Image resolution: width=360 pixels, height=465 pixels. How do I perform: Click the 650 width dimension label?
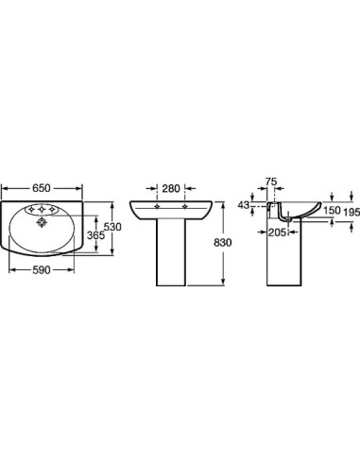[x=42, y=188]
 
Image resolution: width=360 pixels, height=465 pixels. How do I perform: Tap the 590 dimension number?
[x=42, y=270]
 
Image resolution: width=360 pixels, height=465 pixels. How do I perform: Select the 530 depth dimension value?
[x=112, y=227]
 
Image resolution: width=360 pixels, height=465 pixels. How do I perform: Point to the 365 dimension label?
[x=95, y=235]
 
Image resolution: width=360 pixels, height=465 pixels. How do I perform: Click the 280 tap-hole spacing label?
[x=171, y=188]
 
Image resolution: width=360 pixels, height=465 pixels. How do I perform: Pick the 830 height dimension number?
[x=223, y=242]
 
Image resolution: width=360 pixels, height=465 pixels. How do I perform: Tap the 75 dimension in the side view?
[x=271, y=181]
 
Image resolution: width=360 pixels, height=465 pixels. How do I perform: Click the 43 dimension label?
[x=244, y=205]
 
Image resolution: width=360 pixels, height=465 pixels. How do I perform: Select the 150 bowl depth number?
[x=332, y=210]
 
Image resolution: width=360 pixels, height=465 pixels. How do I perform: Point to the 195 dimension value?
[x=351, y=213]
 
